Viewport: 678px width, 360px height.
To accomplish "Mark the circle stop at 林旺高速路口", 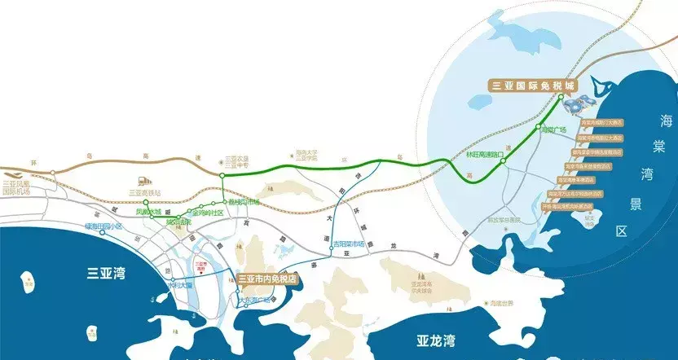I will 504,161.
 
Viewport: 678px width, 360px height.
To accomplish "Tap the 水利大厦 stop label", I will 180,286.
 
